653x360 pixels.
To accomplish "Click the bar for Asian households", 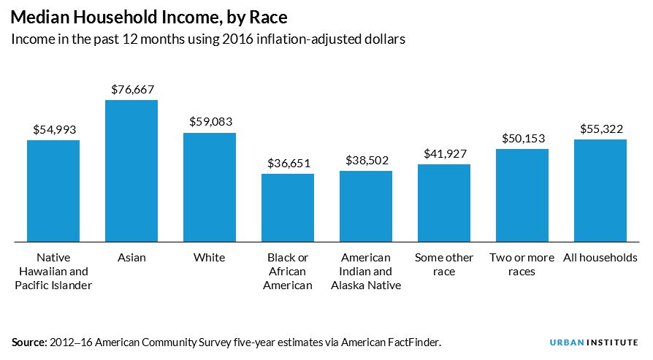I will (131, 170).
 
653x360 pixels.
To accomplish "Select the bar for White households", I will (210, 186).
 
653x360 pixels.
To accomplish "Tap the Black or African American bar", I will (288, 207).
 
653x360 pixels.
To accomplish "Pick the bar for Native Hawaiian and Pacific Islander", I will (53, 190).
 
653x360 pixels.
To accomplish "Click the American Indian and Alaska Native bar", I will (366, 205).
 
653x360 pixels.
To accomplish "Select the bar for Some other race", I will (444, 202).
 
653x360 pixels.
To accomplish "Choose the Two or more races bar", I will (522, 195).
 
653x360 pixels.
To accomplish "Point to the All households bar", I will (600, 190).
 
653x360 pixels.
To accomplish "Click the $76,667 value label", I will (132, 89).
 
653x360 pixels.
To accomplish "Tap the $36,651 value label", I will (288, 162).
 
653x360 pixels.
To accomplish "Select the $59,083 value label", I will (210, 122).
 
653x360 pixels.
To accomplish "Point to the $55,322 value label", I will (601, 129).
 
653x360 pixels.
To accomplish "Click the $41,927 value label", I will (445, 153).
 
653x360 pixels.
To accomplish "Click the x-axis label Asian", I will (131, 258).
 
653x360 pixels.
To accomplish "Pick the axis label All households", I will (600, 258).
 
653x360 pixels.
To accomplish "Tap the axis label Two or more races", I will (522, 264).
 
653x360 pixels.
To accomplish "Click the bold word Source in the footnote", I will (27, 342).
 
